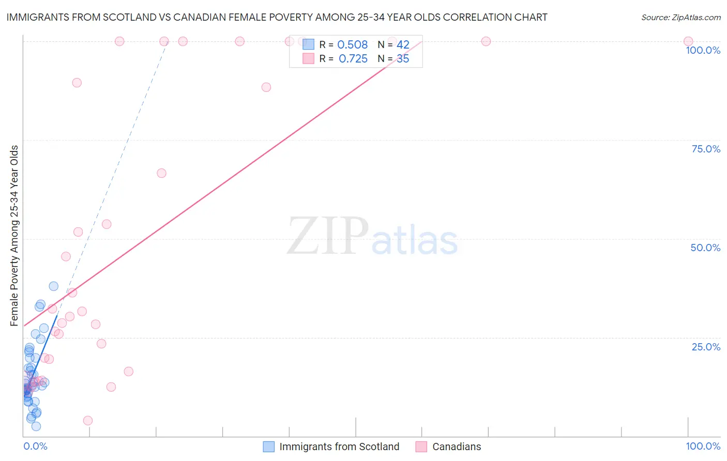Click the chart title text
277,18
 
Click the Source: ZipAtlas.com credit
680,18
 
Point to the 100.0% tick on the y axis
703,50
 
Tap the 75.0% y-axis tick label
706,149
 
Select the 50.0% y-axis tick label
705,248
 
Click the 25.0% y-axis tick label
706,347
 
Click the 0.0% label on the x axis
35,446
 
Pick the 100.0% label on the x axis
703,446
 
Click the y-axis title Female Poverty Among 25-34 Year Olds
14,236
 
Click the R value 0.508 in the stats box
352,45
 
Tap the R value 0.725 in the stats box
353,59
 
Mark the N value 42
403,45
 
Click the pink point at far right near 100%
688,41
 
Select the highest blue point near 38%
54,286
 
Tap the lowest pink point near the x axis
88,421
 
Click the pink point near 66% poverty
161,173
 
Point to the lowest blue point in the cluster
36,426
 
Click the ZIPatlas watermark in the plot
372,237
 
